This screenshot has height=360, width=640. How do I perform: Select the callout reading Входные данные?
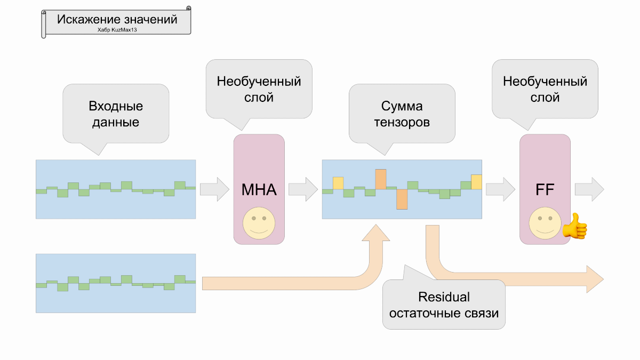tap(116, 114)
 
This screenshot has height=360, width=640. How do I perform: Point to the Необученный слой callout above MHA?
tap(259, 89)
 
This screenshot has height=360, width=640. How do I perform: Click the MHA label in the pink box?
tap(259, 189)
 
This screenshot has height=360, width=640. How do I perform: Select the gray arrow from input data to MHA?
tap(215, 189)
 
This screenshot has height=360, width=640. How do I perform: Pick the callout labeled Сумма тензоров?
tap(402, 114)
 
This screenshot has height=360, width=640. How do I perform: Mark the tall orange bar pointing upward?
tap(380, 179)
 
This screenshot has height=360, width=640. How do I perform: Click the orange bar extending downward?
tap(402, 199)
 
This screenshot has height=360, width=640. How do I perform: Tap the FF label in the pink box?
tap(545, 189)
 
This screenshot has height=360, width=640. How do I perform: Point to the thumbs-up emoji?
tap(575, 226)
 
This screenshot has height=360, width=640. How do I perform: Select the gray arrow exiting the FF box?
tap(589, 189)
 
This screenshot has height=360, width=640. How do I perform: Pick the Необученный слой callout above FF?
tap(545, 89)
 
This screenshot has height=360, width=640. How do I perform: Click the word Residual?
tap(444, 297)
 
